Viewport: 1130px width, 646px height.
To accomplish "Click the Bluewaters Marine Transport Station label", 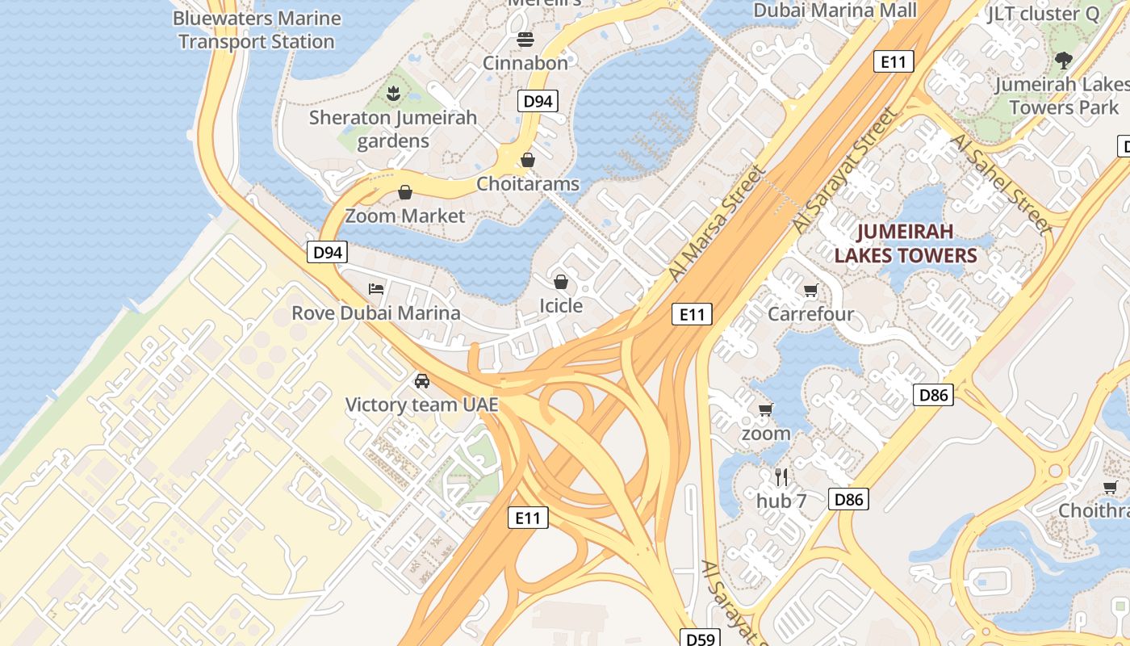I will click(x=256, y=30).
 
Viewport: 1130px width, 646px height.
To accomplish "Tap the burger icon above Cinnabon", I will click(x=525, y=39).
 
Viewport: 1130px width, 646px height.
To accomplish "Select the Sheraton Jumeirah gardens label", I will click(x=393, y=129).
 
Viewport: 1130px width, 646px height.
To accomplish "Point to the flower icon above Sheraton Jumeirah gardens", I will click(x=393, y=93).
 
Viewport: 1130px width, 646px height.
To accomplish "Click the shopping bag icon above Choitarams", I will click(x=528, y=160).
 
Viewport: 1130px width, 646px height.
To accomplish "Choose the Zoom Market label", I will click(x=405, y=216).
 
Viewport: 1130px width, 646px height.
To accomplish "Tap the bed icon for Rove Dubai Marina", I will click(x=376, y=288).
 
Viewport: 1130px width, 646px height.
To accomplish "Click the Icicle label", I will click(x=561, y=306).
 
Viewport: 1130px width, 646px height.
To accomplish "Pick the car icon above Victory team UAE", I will click(x=421, y=381).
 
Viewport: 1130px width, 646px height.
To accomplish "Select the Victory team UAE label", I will click(x=421, y=405).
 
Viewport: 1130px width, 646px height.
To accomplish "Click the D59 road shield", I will click(x=701, y=639).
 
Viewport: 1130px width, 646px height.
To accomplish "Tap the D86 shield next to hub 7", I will click(x=849, y=500).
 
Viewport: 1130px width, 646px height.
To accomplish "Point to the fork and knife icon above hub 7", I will click(x=781, y=476).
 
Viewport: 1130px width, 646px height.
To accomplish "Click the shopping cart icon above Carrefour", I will click(x=810, y=290).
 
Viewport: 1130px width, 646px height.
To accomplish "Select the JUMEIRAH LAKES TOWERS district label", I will click(x=906, y=244).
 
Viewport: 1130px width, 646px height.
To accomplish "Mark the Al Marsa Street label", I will click(x=717, y=224).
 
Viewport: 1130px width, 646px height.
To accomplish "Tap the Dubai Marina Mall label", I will click(x=835, y=10).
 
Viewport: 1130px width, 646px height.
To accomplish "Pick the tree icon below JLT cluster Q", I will click(x=1063, y=60).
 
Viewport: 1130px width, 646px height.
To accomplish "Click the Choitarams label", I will click(x=528, y=184).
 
